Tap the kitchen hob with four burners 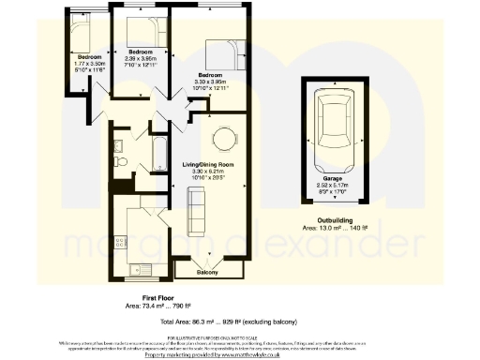(x=119, y=242)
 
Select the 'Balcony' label (x=208, y=273)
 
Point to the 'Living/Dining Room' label (x=206, y=165)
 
